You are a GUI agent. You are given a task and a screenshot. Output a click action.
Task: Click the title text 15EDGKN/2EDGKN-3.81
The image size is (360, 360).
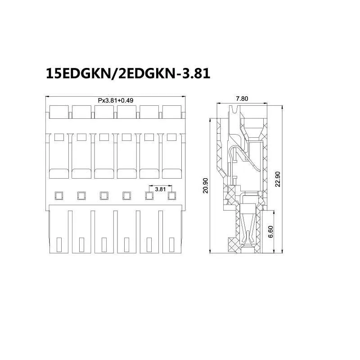click(x=128, y=73)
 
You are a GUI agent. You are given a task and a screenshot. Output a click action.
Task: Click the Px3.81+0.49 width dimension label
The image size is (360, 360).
click(x=116, y=100)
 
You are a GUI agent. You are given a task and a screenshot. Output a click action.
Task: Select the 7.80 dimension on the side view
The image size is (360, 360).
click(x=242, y=99)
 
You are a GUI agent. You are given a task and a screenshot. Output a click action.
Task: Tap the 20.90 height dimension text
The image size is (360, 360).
click(x=206, y=185)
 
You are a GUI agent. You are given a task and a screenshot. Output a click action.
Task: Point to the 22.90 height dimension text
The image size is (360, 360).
click(x=278, y=179)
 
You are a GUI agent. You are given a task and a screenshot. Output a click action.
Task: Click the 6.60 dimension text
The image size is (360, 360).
click(x=271, y=231)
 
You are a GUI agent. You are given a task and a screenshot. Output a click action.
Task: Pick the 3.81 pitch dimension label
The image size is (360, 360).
click(x=160, y=189)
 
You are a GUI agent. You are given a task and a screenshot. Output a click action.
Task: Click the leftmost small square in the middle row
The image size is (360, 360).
click(x=59, y=196)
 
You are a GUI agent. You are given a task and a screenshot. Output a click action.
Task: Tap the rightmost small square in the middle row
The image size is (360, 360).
click(x=172, y=196)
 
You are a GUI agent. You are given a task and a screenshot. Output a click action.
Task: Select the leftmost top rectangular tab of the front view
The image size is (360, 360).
click(x=59, y=112)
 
